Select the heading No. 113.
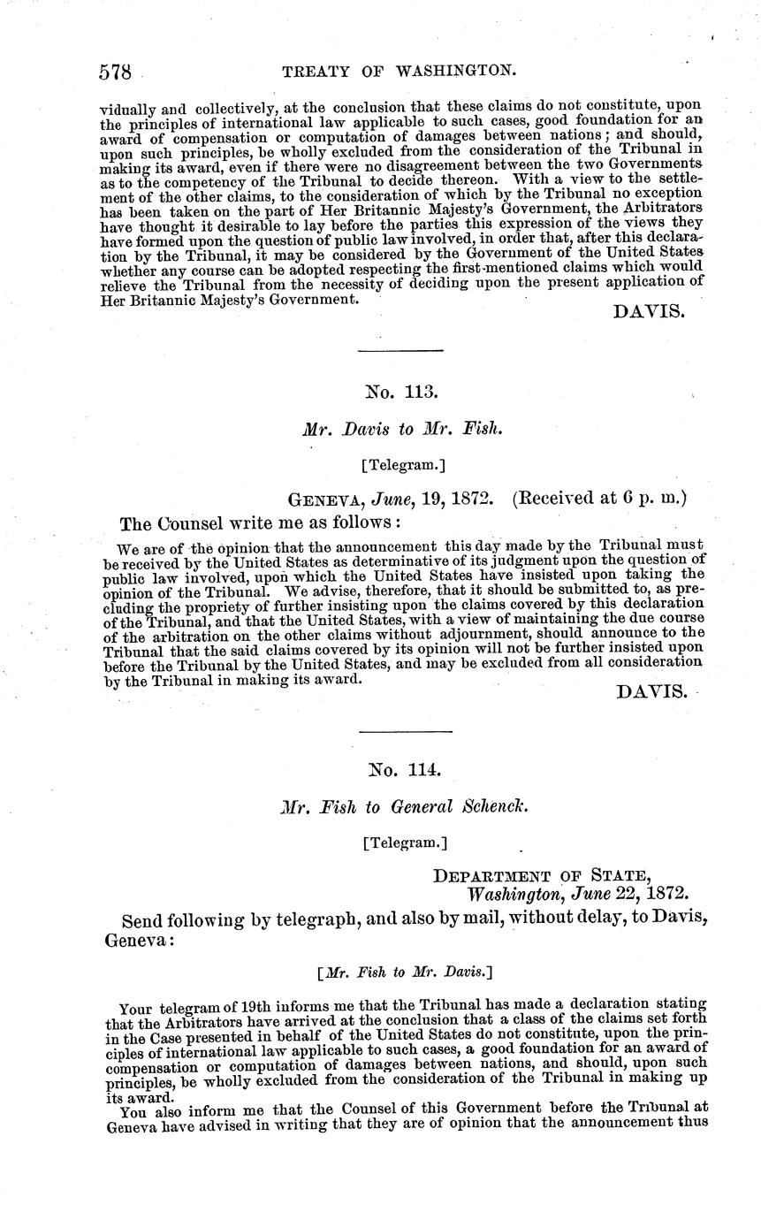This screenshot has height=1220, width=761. [403, 390]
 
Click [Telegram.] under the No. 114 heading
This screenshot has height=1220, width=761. [405, 843]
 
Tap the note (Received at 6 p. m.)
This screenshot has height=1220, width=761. [598, 499]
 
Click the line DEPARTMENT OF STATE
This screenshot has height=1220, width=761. [542, 876]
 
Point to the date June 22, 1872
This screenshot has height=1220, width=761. [627, 894]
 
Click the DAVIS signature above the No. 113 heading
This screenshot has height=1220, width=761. [649, 312]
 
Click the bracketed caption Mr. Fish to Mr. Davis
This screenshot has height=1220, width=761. [404, 972]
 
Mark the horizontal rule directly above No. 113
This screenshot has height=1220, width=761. [400, 353]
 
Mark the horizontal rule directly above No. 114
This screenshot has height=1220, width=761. [407, 731]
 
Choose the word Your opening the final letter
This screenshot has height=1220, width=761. [135, 1006]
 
